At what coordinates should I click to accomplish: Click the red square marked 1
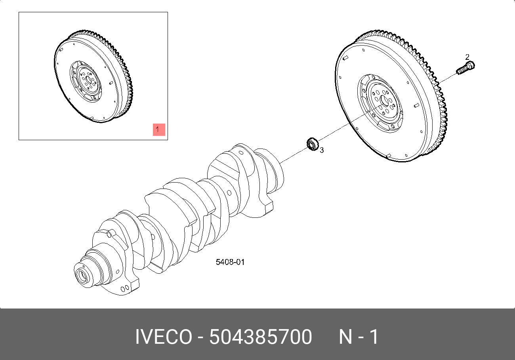pyautogui.click(x=159, y=130)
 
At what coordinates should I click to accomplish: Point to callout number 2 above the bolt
pyautogui.click(x=467, y=57)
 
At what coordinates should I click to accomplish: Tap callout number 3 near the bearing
pyautogui.click(x=322, y=150)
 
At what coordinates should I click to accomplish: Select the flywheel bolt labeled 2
pyautogui.click(x=465, y=68)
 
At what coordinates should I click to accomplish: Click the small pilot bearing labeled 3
pyautogui.click(x=313, y=144)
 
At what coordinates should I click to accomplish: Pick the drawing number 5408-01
pyautogui.click(x=230, y=262)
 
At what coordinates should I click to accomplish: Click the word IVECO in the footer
pyautogui.click(x=164, y=337)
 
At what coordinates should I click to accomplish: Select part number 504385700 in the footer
pyautogui.click(x=261, y=337)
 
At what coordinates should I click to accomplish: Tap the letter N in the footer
pyautogui.click(x=345, y=337)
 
